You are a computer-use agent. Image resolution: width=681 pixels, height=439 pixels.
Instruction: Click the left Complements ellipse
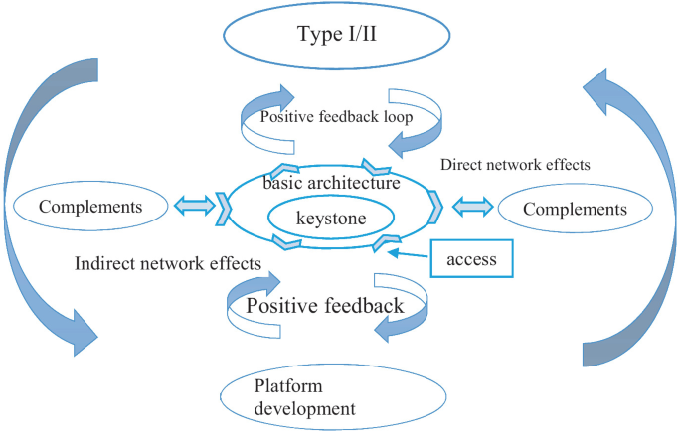tap(88, 208)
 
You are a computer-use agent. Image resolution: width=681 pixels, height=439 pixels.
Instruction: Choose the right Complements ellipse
tap(575, 209)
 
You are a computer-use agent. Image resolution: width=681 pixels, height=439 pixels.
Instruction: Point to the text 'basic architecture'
tap(332, 183)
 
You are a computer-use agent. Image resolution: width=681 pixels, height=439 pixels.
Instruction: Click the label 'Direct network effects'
tap(515, 164)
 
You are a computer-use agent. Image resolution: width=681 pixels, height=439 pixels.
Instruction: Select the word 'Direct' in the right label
tap(461, 164)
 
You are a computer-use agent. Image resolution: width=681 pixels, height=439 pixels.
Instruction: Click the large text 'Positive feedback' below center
tap(325, 305)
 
